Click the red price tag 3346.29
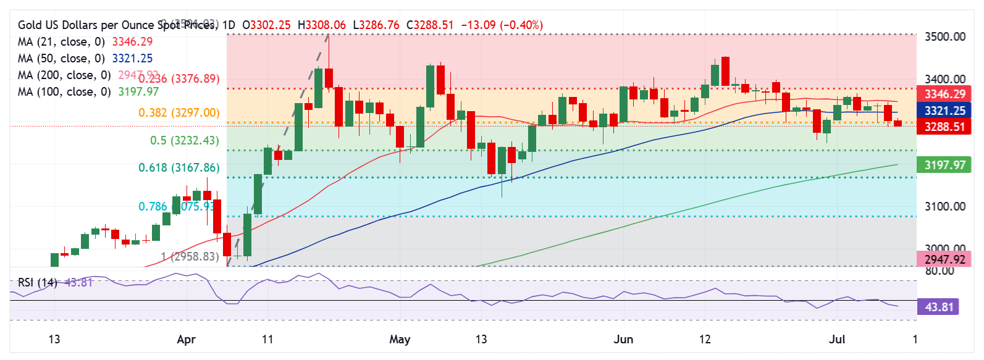point(944,94)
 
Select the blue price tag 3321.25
point(944,111)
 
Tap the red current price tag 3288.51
point(944,127)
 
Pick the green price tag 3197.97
point(944,165)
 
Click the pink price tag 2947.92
point(944,259)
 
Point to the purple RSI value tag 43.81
point(939,307)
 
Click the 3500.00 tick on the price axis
point(944,36)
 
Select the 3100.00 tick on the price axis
point(944,206)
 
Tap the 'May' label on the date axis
point(400,339)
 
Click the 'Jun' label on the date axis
point(623,339)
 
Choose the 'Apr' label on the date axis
point(186,339)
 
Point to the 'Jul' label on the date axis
point(836,339)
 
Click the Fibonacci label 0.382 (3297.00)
point(179,112)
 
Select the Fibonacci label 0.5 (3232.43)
point(184,140)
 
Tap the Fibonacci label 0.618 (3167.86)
point(179,167)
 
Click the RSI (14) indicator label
point(37,282)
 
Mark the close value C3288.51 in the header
point(430,25)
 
